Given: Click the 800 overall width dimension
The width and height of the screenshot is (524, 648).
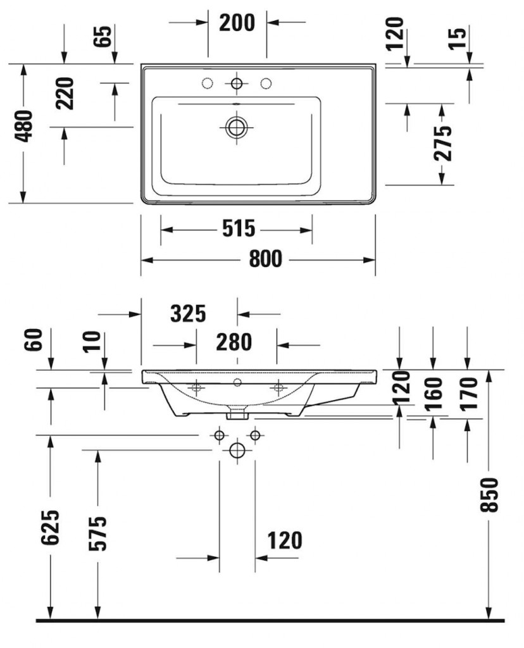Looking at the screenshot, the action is [266, 259].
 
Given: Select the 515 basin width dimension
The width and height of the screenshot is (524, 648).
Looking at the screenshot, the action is [239, 228].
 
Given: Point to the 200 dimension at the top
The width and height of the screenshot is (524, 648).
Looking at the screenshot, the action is [237, 23].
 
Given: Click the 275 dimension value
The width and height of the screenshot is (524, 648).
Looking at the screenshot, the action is [442, 143].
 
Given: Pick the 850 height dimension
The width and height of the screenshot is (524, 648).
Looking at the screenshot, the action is [489, 495].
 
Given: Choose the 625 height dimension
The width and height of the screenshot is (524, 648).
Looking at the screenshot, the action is [51, 527].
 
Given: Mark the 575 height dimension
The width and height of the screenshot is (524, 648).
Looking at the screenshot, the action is [98, 533].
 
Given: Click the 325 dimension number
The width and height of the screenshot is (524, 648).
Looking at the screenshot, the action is [188, 314].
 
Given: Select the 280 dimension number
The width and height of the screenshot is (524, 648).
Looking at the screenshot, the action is [234, 342].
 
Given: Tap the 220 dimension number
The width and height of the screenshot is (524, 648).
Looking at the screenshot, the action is [65, 94].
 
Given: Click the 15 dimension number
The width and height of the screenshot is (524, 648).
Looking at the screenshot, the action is [458, 38].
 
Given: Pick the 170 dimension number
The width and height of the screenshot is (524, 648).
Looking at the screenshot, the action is [468, 394].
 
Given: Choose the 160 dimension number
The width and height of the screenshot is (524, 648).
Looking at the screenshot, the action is [434, 394].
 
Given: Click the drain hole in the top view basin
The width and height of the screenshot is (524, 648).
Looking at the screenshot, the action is [237, 127].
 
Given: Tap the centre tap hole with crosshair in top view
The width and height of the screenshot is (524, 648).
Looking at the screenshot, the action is [237, 84].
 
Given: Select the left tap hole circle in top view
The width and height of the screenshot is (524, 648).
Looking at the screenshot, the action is [208, 84].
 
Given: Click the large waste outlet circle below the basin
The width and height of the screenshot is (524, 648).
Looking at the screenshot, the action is [237, 450].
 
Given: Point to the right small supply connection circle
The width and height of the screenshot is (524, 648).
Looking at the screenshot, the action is [255, 435].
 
